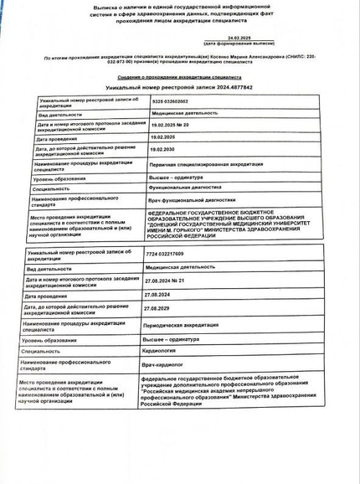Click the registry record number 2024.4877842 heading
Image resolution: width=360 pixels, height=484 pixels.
click(x=179, y=87)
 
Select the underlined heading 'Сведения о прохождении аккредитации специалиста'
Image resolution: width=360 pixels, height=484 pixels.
click(x=179, y=76)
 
